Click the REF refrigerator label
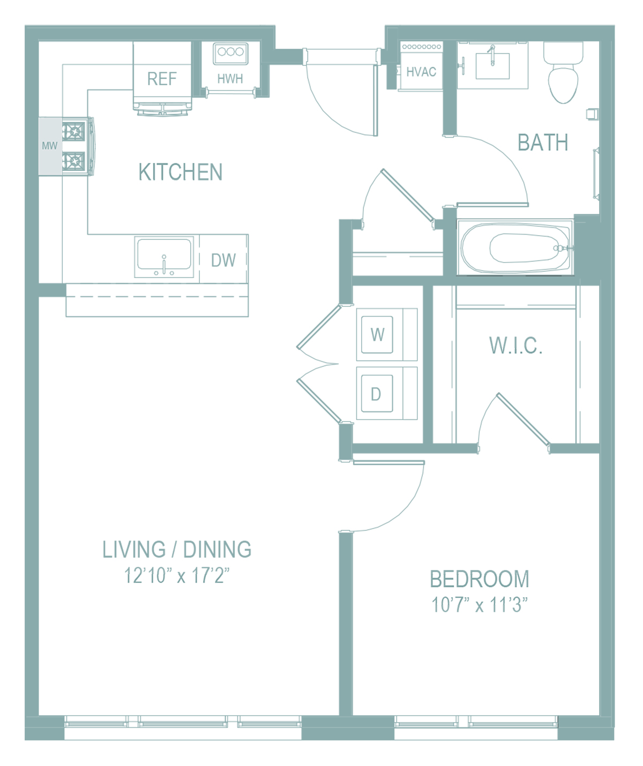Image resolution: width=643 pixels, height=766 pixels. pyautogui.click(x=162, y=79)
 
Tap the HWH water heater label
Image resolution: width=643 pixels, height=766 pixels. pyautogui.click(x=230, y=79)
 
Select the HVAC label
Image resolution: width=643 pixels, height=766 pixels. pyautogui.click(x=421, y=72)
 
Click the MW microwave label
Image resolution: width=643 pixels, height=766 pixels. pyautogui.click(x=49, y=146)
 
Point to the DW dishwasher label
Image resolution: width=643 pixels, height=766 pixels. pyautogui.click(x=223, y=260)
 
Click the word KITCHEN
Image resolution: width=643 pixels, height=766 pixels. pyautogui.click(x=181, y=172)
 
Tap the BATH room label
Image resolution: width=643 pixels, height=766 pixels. pyautogui.click(x=543, y=142)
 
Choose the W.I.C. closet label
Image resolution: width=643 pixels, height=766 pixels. pyautogui.click(x=515, y=345)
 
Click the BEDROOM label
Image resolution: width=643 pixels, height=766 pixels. pyautogui.click(x=480, y=579)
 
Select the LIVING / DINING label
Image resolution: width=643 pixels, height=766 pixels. pyautogui.click(x=177, y=549)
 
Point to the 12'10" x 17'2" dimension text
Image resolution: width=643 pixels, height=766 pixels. pyautogui.click(x=177, y=575)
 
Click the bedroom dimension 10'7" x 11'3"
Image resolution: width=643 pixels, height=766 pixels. pyautogui.click(x=480, y=605)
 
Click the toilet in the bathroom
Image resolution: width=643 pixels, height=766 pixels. pyautogui.click(x=563, y=73)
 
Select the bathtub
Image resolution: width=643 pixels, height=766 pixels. pyautogui.click(x=515, y=247)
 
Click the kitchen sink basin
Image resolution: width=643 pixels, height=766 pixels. pyautogui.click(x=164, y=254)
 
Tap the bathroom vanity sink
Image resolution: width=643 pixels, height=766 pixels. pyautogui.click(x=492, y=66)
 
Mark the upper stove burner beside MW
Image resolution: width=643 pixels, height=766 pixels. pyautogui.click(x=74, y=131)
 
